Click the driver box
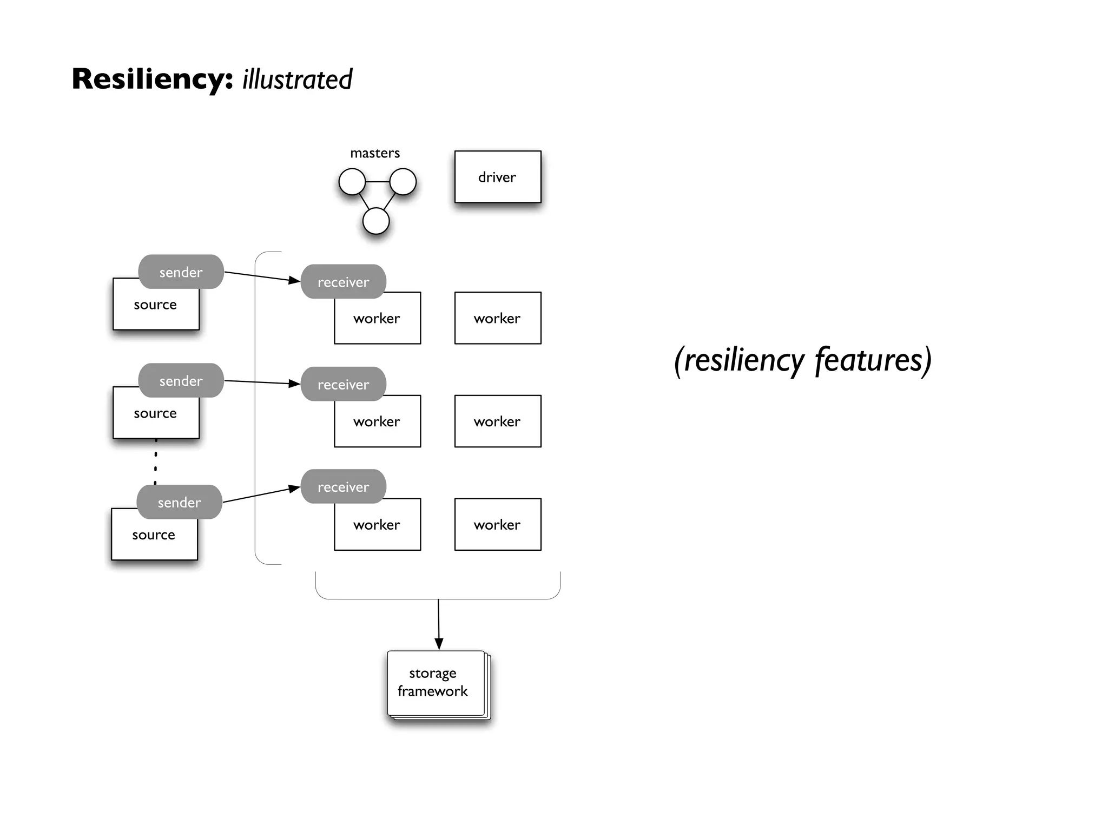(497, 177)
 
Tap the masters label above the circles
(375, 153)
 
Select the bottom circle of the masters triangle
(376, 221)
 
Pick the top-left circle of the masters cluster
(352, 182)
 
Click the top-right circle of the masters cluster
(403, 182)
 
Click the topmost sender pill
(181, 272)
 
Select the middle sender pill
(181, 380)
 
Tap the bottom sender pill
(179, 502)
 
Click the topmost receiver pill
(343, 281)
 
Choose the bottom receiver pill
(343, 486)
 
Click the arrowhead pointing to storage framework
(439, 643)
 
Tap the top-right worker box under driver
(497, 318)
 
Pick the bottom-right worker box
(497, 524)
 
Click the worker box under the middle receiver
(377, 424)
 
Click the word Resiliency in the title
(152, 79)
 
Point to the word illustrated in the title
(297, 80)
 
